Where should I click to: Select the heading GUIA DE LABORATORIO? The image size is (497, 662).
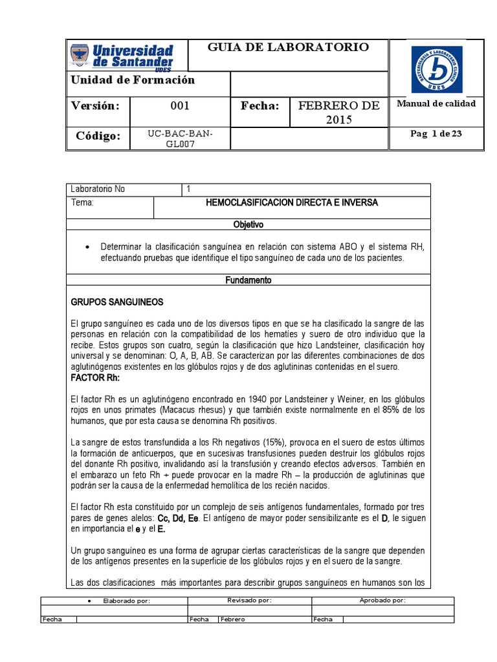[x=288, y=47]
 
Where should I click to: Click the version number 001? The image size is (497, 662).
[x=179, y=105]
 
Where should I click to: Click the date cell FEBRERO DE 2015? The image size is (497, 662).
[x=336, y=113]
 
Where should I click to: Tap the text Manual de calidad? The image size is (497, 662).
[x=436, y=103]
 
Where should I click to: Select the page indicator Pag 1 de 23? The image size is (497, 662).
[x=436, y=134]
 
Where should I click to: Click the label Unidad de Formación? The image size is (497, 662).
[x=133, y=80]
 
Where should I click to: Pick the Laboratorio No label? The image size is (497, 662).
[x=98, y=189]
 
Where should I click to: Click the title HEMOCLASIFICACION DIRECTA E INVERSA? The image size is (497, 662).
[x=291, y=203]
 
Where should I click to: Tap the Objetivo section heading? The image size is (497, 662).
[x=248, y=224]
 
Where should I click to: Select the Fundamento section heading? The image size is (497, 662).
[x=248, y=281]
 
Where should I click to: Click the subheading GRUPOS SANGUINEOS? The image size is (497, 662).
[x=116, y=303]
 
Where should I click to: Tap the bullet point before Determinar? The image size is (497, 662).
[x=87, y=248]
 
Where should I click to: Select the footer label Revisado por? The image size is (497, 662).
[x=249, y=600]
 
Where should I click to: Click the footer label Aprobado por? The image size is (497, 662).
[x=382, y=600]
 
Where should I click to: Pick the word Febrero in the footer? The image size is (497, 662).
[x=232, y=619]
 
